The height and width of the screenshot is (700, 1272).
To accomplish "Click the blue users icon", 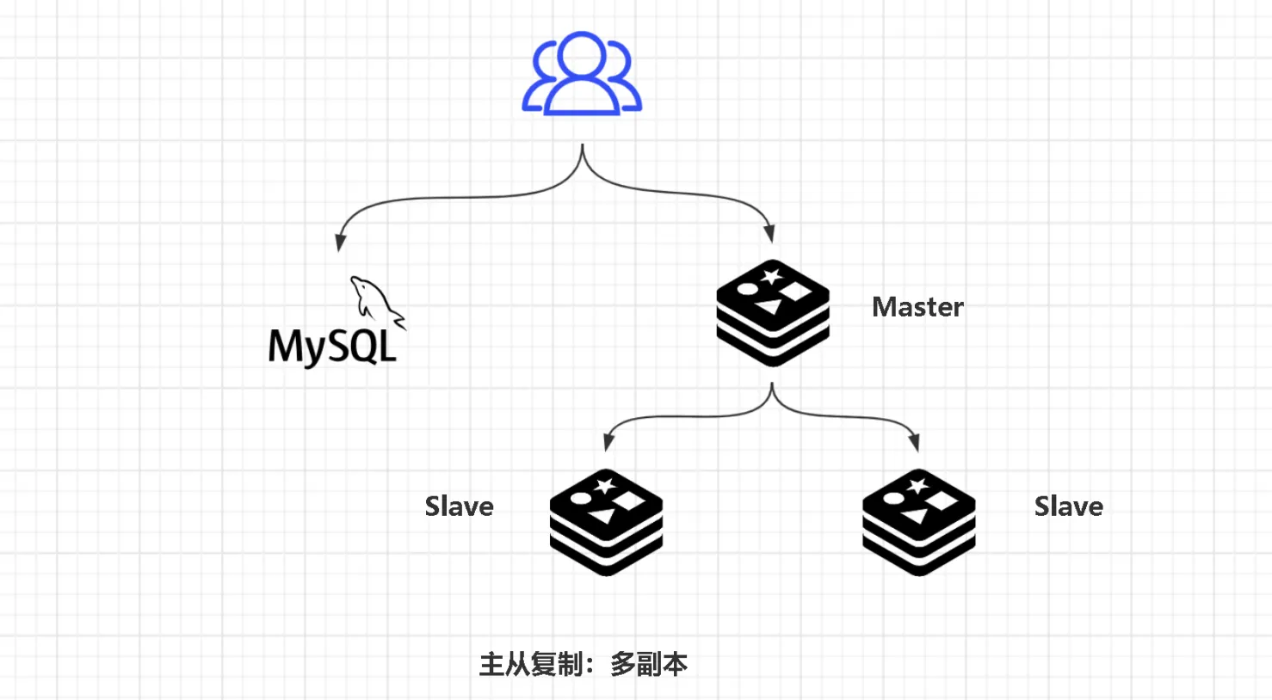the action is tap(582, 73).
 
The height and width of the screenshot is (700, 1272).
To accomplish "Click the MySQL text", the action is tap(332, 347).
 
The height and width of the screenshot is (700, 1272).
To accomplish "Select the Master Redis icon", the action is tap(773, 313).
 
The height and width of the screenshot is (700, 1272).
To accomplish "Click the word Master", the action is tap(917, 307).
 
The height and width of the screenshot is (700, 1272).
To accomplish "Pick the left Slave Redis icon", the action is tap(607, 523).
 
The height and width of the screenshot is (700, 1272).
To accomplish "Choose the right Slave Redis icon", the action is tap(919, 523).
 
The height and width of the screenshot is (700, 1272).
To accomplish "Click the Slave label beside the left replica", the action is tap(460, 506).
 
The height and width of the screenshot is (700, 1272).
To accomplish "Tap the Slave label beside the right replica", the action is tap(1069, 506).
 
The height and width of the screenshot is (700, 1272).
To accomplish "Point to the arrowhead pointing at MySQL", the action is tap(340, 243).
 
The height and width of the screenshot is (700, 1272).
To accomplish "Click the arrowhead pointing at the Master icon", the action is tap(769, 234).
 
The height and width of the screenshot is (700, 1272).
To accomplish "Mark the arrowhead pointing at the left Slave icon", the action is tap(608, 443).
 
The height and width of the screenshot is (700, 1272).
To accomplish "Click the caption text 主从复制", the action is tap(531, 664).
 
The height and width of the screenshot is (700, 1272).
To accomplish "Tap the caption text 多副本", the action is tap(649, 664).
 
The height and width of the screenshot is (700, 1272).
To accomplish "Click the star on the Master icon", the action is tap(771, 277).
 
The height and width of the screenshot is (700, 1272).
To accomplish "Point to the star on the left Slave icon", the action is tap(604, 486).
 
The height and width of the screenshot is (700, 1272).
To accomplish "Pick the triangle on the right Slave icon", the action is tap(914, 517).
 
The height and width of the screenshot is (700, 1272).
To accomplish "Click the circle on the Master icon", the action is tap(747, 289).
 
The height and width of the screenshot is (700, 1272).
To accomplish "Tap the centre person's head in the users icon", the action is tap(582, 56).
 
